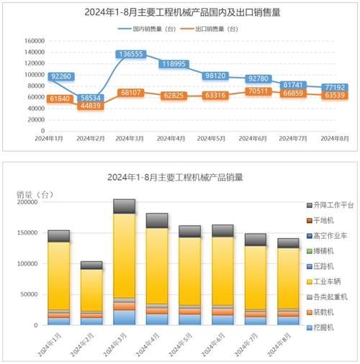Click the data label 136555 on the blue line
pos(130,54)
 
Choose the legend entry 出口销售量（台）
pos(219,29)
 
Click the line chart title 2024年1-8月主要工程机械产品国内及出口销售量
pos(180,12)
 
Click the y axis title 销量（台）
pos(35,194)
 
